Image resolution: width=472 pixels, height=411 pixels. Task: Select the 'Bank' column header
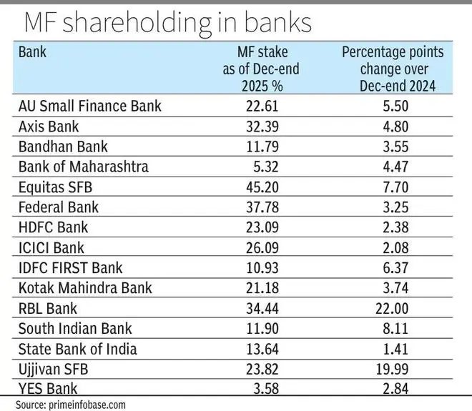(x=32, y=52)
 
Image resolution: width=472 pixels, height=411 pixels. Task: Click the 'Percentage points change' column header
(x=393, y=69)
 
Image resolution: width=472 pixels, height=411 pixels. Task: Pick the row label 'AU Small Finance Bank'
(x=90, y=107)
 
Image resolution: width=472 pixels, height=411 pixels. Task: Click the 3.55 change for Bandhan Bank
(x=393, y=147)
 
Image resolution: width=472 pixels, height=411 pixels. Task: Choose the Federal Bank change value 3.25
(x=393, y=207)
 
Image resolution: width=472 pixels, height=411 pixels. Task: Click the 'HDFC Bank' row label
(x=53, y=228)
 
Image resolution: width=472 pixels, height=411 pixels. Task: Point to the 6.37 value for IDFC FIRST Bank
(x=393, y=268)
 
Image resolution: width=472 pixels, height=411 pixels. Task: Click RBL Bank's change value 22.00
(x=393, y=309)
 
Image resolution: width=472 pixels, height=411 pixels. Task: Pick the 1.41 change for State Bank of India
(x=393, y=350)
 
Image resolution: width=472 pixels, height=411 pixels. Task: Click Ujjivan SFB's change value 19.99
(x=393, y=370)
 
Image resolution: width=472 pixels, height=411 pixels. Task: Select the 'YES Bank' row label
(x=49, y=390)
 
